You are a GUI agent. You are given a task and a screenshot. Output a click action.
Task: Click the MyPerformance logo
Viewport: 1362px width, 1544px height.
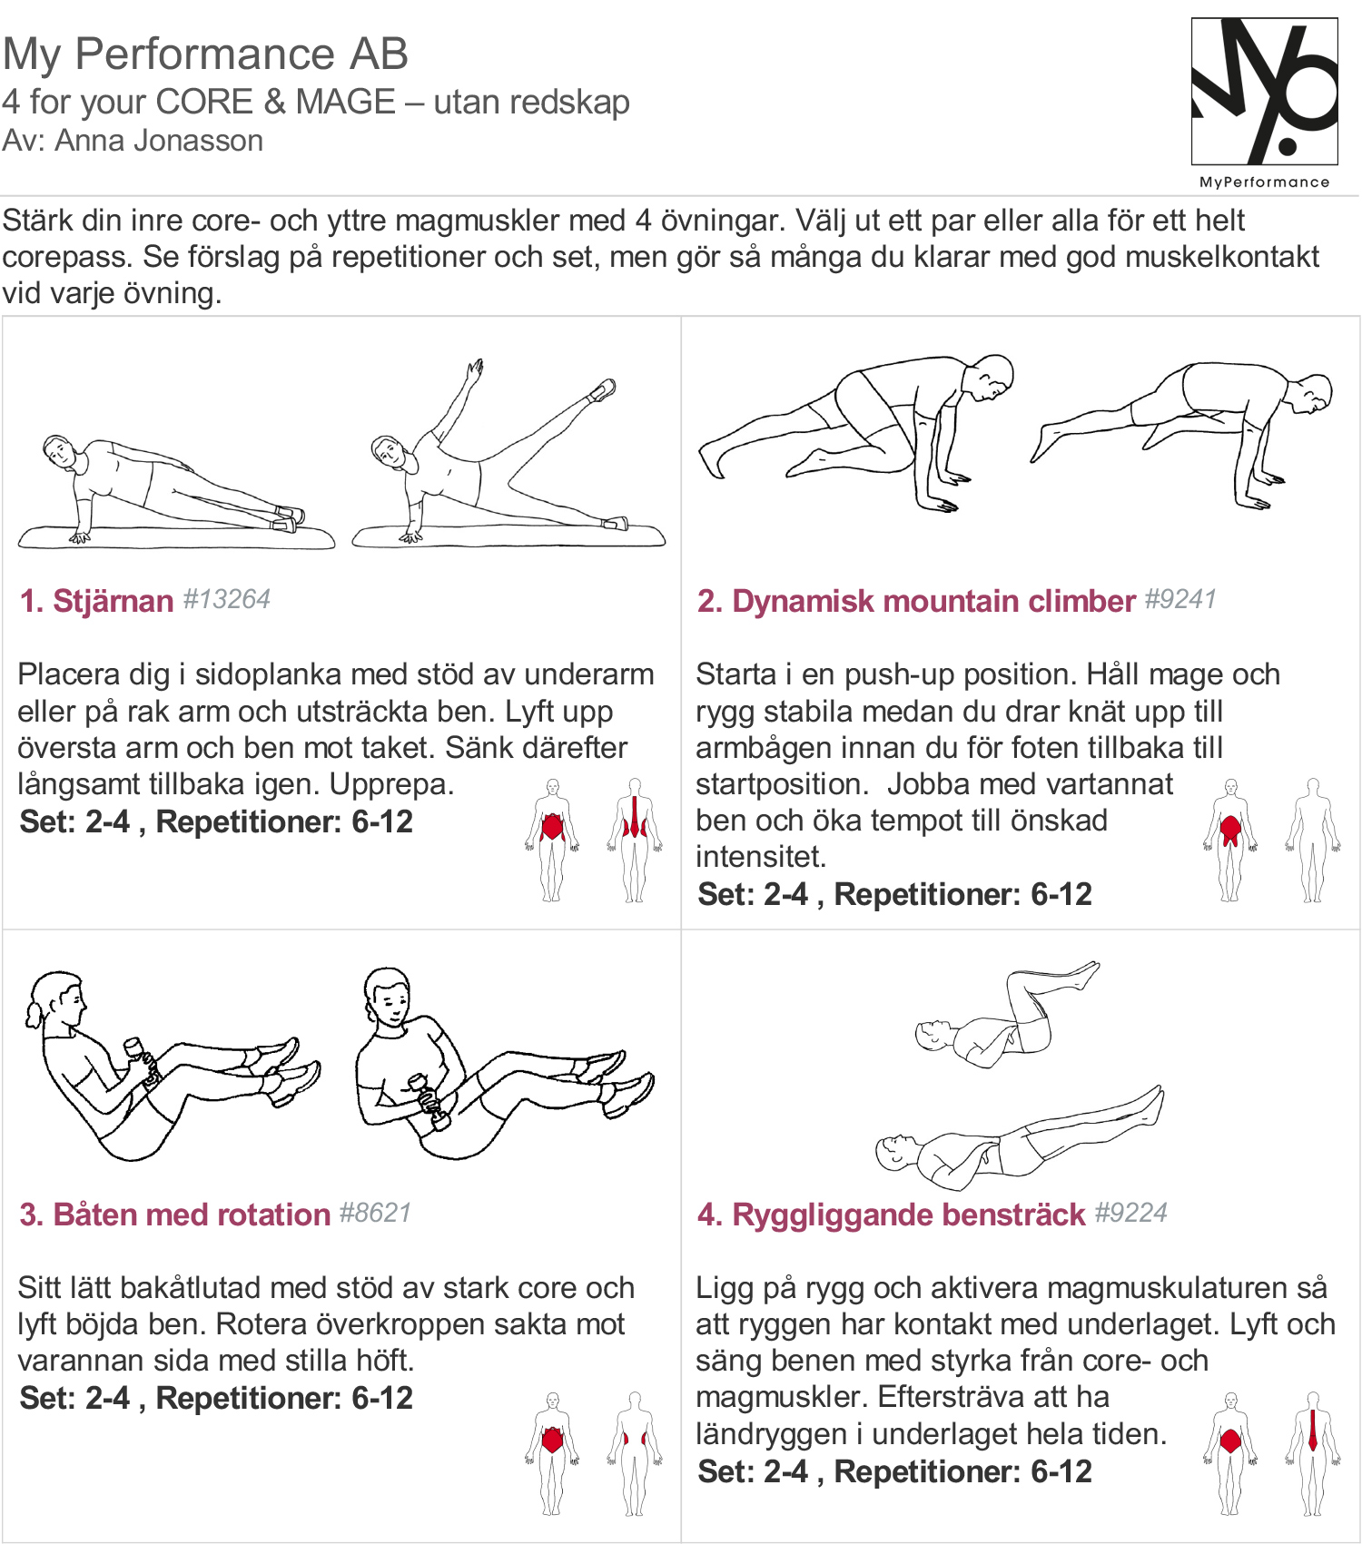[1264, 102]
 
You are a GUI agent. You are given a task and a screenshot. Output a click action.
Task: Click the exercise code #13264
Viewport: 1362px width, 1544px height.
[226, 599]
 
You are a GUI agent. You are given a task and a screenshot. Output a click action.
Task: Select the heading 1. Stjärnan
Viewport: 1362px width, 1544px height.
[96, 601]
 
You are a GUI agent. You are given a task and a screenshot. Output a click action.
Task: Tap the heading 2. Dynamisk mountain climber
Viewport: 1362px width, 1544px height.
[916, 601]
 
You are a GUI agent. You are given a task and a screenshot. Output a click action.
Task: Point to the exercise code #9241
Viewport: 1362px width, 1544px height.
[1179, 599]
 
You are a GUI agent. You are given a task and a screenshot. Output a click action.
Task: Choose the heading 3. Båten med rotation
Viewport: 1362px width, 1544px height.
[175, 1215]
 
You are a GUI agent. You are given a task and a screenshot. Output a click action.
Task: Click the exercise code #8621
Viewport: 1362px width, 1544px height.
[375, 1213]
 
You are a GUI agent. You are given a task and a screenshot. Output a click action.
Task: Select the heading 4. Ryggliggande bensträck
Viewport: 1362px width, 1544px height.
[891, 1215]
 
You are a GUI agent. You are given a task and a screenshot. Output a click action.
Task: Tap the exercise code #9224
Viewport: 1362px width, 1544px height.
[1130, 1213]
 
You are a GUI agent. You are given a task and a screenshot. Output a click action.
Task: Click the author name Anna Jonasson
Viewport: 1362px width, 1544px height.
[159, 141]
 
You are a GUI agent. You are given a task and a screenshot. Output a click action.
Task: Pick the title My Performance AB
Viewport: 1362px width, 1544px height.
[205, 54]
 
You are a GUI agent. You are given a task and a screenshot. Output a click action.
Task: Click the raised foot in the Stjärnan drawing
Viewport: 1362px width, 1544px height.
[602, 389]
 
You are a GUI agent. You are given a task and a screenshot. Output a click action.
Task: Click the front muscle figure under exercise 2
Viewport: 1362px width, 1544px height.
[1230, 840]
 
